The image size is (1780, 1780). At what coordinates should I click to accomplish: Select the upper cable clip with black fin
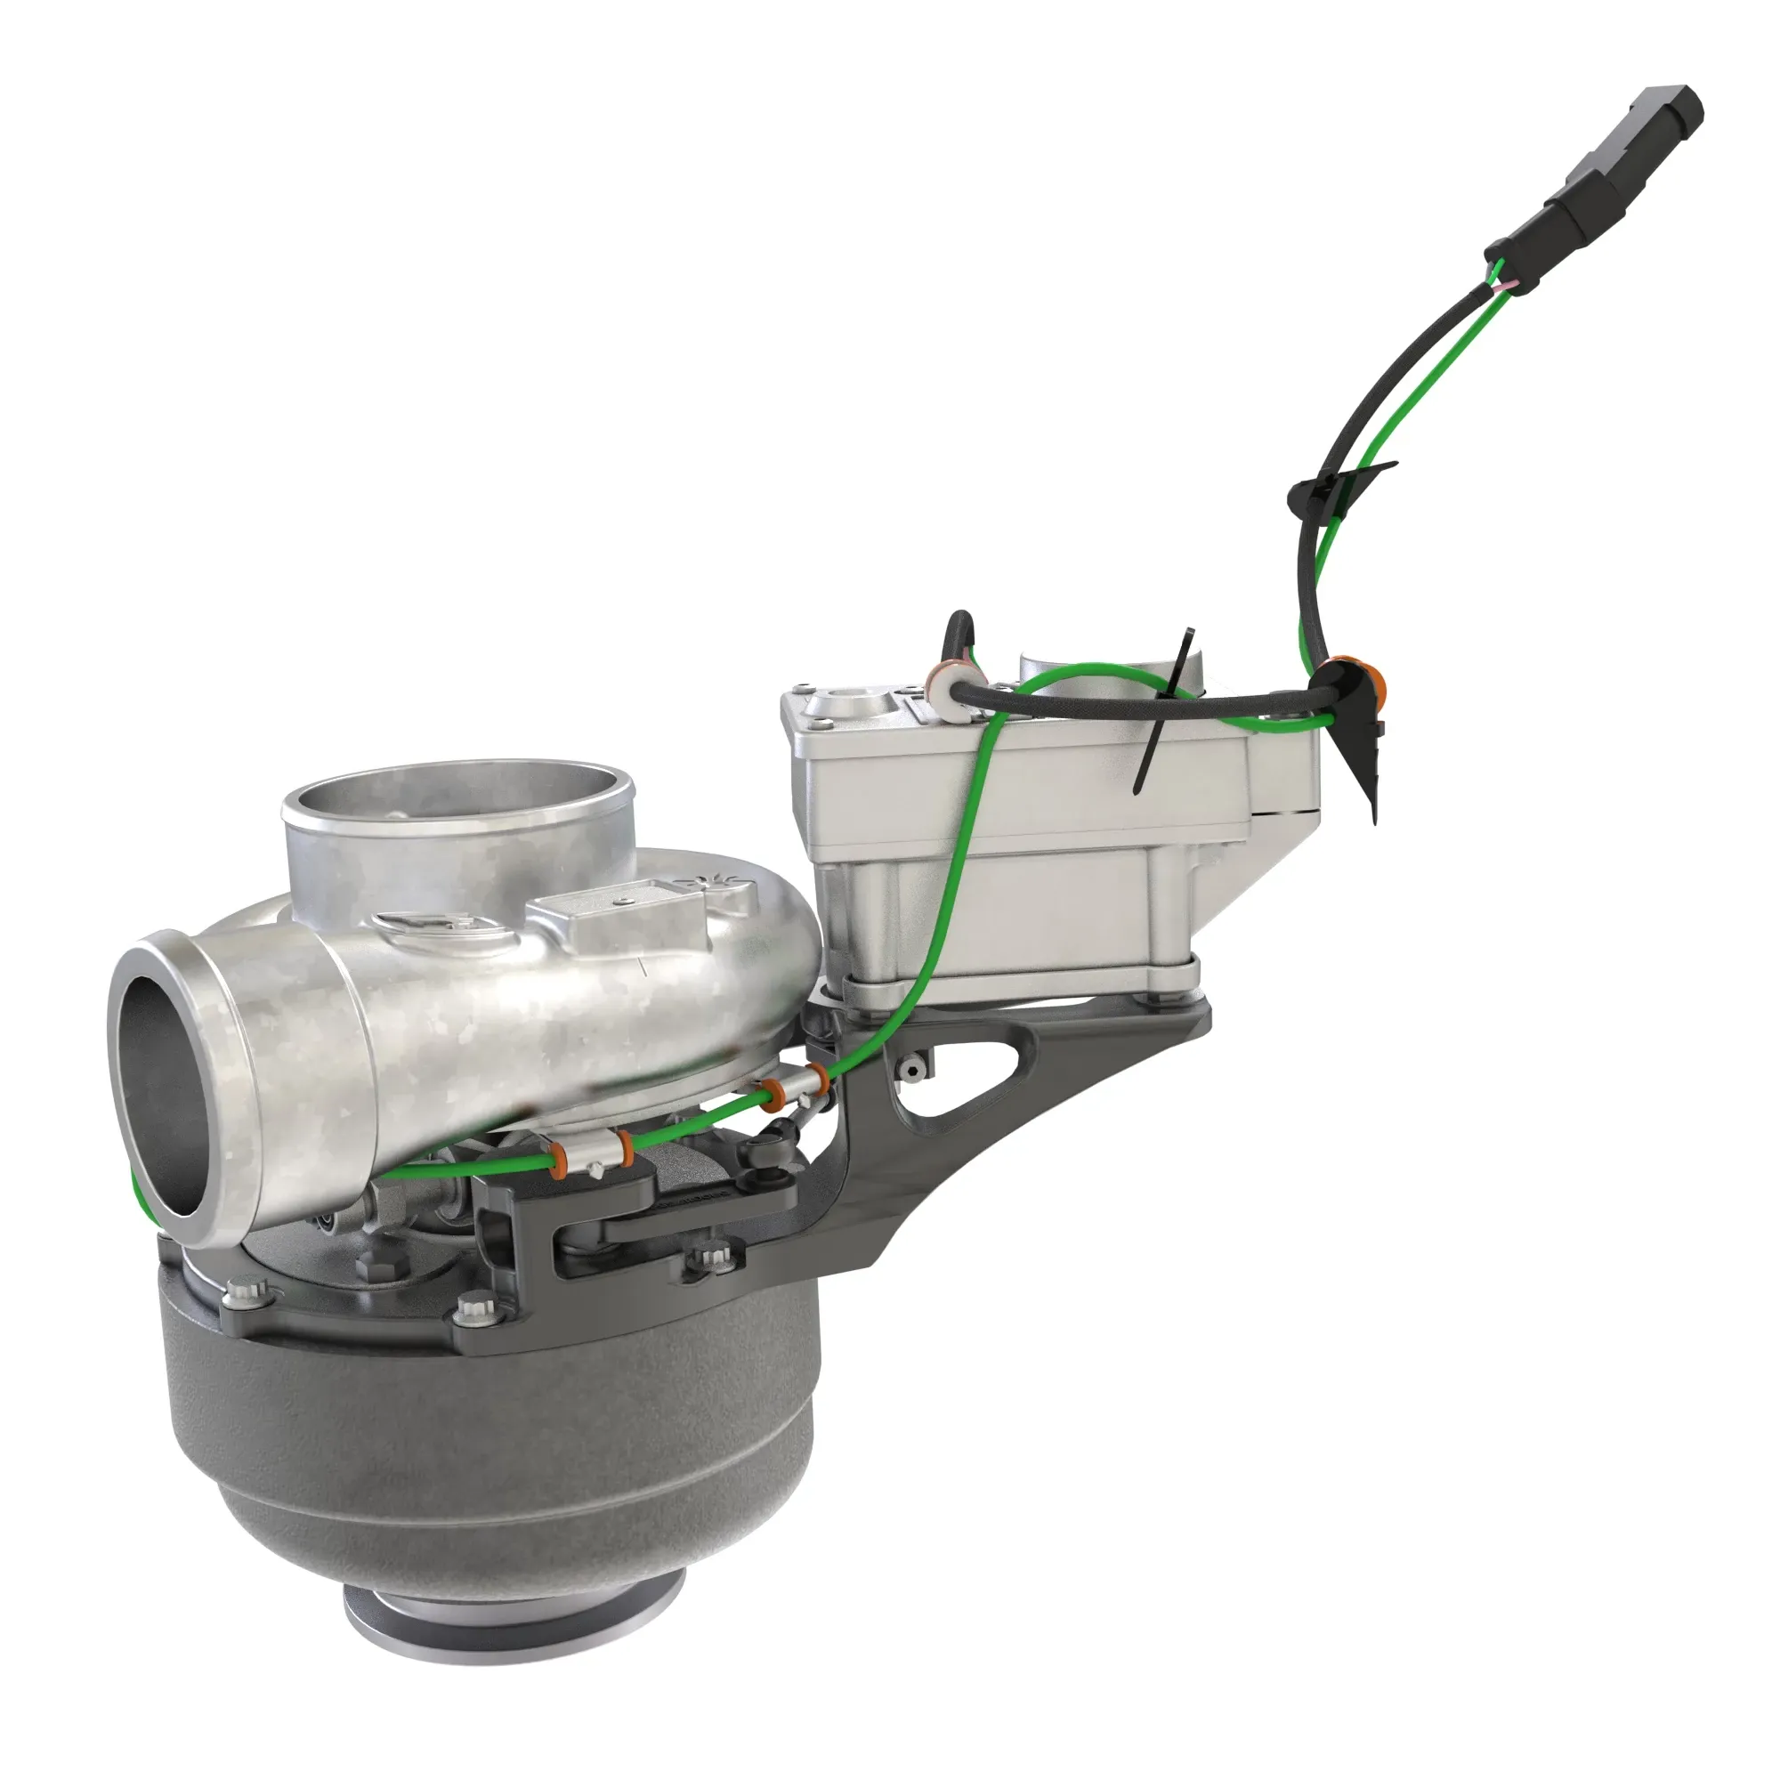coord(1331,487)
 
